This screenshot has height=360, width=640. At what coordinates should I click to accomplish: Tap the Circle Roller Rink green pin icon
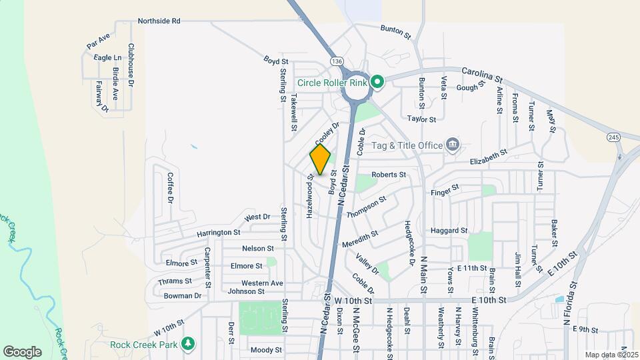coord(377,83)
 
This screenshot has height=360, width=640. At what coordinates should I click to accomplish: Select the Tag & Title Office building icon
coord(453,144)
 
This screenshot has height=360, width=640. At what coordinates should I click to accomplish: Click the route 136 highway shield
coord(337,61)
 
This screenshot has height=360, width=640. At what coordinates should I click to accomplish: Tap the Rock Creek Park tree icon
coord(189,344)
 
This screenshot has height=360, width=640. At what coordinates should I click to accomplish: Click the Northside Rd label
coord(159,21)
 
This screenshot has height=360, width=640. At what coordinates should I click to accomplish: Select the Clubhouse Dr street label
coord(131,65)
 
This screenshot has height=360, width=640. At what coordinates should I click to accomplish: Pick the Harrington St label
coord(218,233)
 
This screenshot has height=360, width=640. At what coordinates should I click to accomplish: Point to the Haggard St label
coord(449,231)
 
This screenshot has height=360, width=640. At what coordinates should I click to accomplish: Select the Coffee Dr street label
coord(170,188)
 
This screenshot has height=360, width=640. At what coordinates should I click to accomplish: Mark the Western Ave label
coord(262,283)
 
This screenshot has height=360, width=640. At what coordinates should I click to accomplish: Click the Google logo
coord(22,351)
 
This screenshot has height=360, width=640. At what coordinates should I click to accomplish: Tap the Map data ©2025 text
coord(610,355)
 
